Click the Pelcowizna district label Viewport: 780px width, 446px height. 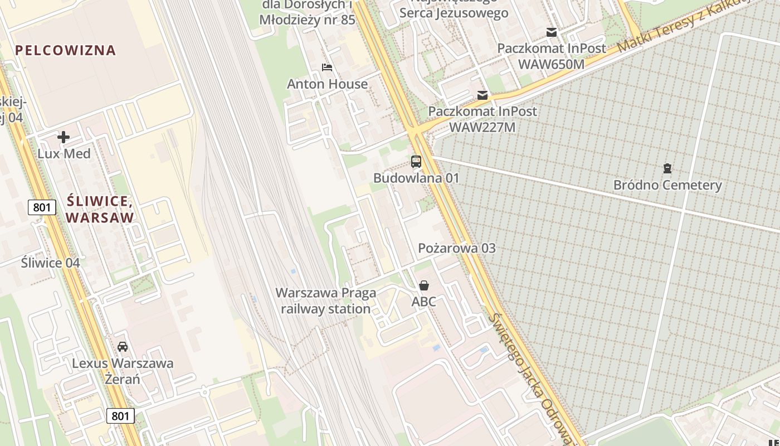[66, 50]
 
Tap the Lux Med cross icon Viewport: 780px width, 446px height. [64, 137]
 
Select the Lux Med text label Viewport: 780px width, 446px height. [64, 153]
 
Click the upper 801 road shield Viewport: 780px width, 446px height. [42, 208]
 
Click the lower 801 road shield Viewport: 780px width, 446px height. [120, 415]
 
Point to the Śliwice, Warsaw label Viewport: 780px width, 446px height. [100, 209]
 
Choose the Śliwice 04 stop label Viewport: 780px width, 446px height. [50, 263]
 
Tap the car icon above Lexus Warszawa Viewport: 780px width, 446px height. [123, 347]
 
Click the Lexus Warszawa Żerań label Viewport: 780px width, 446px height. [123, 371]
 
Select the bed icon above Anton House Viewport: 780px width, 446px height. [327, 67]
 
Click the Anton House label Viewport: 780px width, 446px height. [327, 84]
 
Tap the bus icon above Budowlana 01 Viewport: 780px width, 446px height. [416, 162]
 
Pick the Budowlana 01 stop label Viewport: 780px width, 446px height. [416, 178]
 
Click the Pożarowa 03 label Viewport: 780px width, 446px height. [456, 248]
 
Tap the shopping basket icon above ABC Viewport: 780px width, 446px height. [424, 285]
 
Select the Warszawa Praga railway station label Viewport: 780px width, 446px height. [326, 300]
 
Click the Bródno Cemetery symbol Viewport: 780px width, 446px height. [667, 168]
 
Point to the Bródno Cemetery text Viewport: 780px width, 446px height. [667, 185]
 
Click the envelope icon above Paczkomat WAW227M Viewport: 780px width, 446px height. [482, 95]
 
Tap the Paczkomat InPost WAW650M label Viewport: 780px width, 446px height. [551, 56]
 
